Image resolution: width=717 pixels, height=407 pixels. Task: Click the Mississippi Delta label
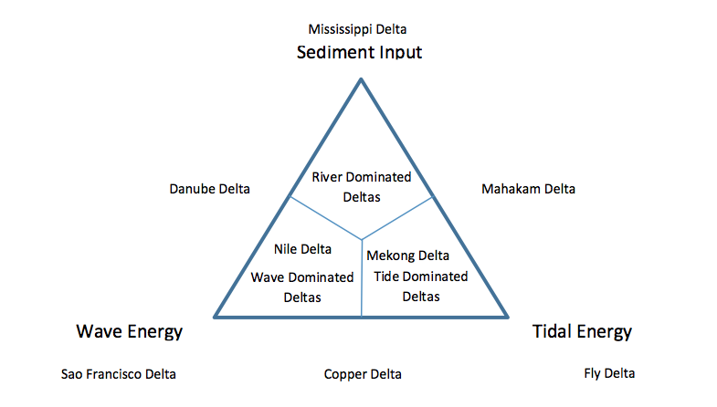[x=357, y=29]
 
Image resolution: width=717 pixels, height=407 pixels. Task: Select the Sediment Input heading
[x=359, y=52]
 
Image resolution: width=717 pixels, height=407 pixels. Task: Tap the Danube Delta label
[x=209, y=189]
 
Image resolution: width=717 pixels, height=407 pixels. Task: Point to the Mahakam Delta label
[x=528, y=189]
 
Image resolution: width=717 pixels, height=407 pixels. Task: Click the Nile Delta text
[x=302, y=248]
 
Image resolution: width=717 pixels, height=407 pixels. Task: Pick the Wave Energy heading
[x=129, y=331]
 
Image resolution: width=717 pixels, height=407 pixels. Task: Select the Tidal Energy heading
[x=582, y=331]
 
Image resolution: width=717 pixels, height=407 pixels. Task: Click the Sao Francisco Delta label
[x=119, y=374]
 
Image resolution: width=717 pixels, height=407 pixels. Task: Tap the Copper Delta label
[x=363, y=374]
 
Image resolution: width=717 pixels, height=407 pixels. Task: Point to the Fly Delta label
[x=609, y=373]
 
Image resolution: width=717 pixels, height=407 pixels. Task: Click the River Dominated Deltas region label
[x=361, y=185]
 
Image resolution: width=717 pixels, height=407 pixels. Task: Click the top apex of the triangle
[x=361, y=79]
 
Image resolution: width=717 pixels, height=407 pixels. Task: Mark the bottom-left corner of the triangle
[x=216, y=317]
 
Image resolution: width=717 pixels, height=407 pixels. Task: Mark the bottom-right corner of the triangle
[x=508, y=317]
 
